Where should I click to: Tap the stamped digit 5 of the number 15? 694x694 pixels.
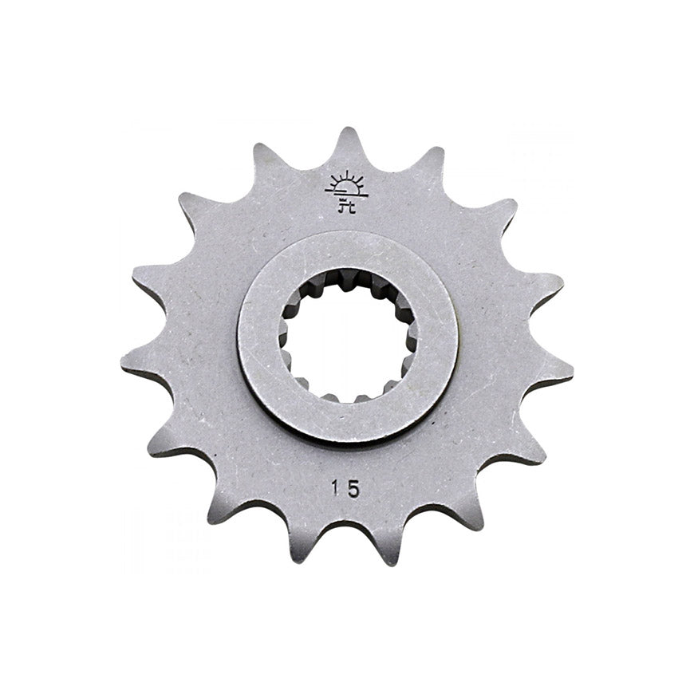(353, 488)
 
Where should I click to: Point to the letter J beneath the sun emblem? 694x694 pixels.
(342, 208)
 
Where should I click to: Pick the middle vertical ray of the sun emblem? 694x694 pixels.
(346, 175)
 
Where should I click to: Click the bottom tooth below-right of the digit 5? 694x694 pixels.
(391, 558)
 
